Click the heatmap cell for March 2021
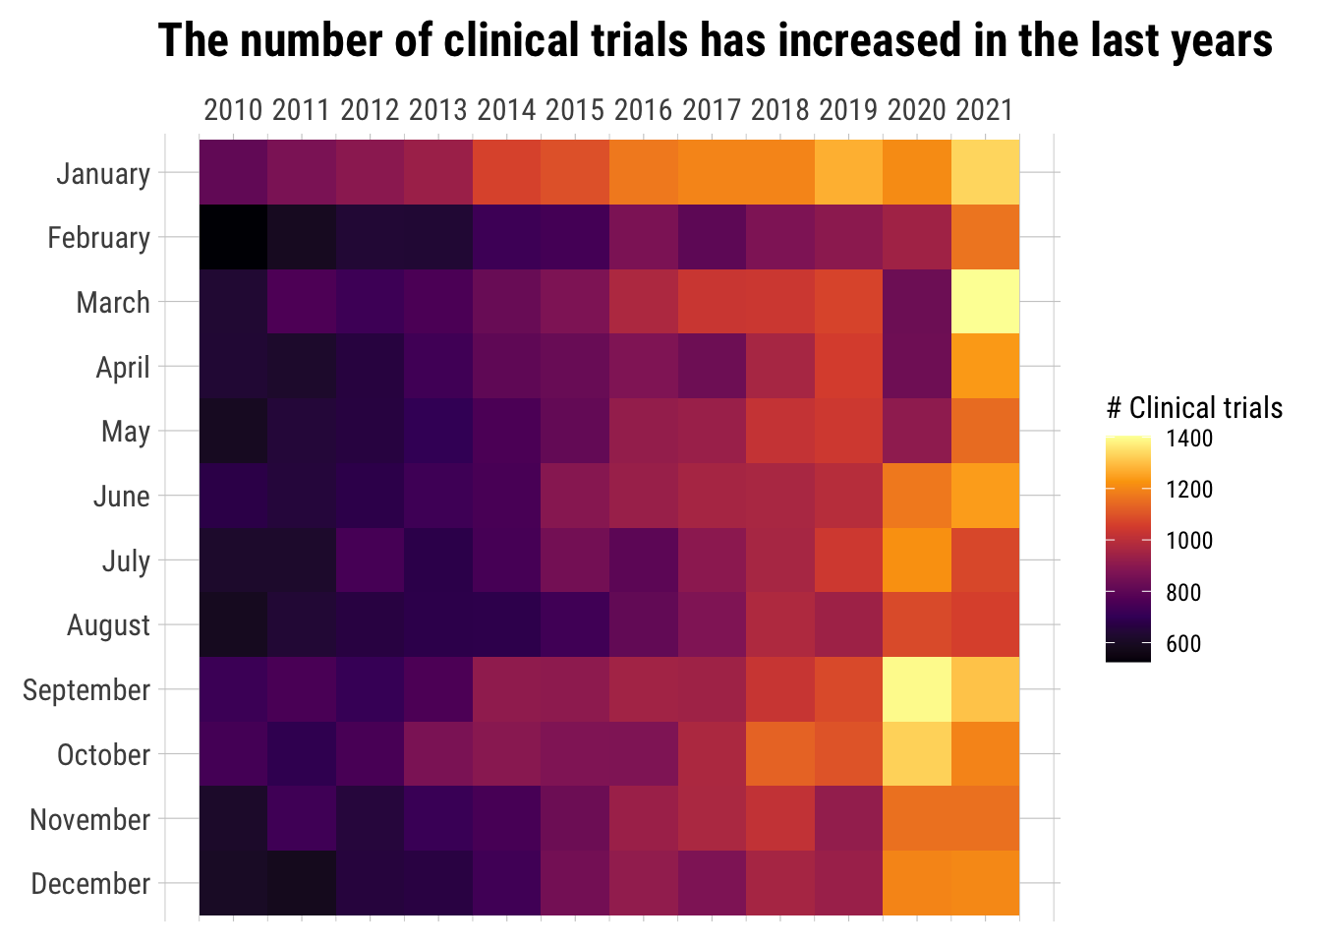pos(985,302)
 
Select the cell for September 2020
pos(917,689)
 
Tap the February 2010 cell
pos(233,237)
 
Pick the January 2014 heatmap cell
pos(506,172)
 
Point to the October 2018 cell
pos(780,754)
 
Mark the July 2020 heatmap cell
pos(917,560)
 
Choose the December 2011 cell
pos(302,883)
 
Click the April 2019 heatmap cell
pos(848,366)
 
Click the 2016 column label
pos(644,109)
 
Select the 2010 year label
pos(233,109)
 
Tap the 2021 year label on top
pos(985,109)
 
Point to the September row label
pos(86,690)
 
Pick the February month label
pos(99,238)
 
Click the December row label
pos(90,884)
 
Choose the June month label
pos(122,497)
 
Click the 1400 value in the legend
pos(1189,439)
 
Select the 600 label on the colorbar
pos(1183,644)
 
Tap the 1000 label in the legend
pos(1189,541)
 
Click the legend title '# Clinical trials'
pos(1194,408)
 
